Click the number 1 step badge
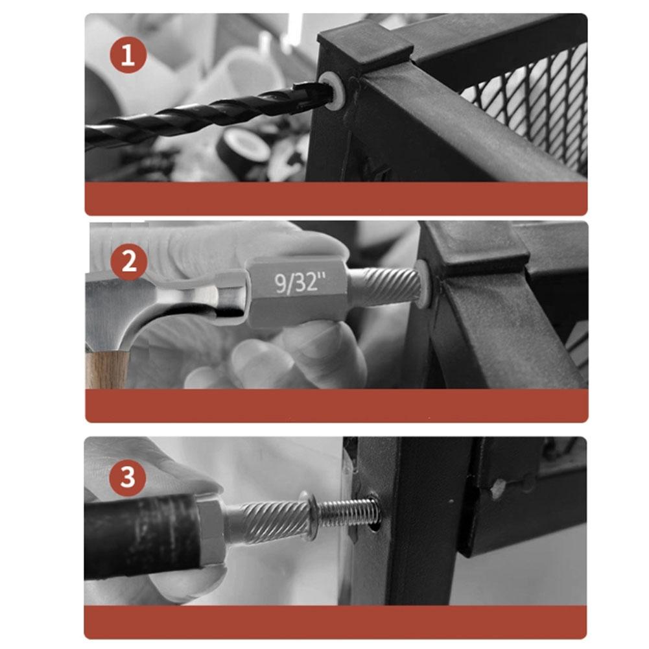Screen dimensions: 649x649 coord(128,55)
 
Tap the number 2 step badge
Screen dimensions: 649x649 coord(129,262)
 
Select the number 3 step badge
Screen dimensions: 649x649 coord(128,477)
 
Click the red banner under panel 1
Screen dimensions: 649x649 coord(336,198)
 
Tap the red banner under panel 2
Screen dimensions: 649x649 coord(336,406)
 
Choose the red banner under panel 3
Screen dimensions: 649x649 coord(335,622)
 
